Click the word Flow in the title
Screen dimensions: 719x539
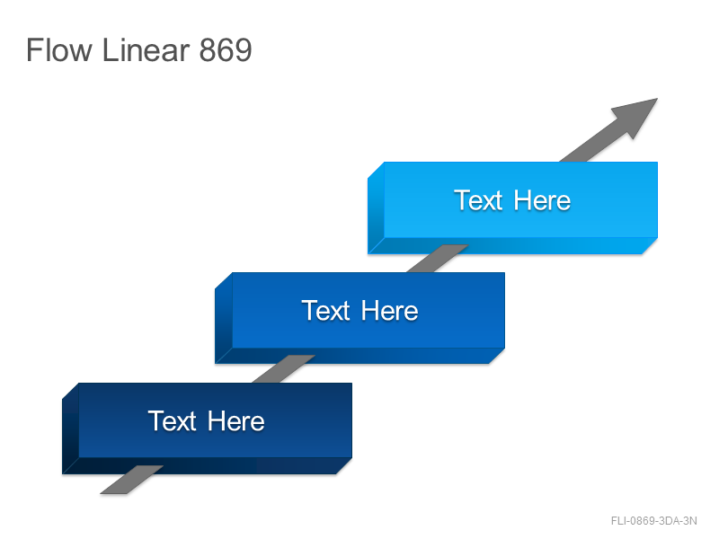[x=59, y=49]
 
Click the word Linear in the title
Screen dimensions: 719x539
[x=146, y=49]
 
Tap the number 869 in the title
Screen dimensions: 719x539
[x=226, y=49]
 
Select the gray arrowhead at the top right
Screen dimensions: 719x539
[x=638, y=116]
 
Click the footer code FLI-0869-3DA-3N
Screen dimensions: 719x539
[x=654, y=521]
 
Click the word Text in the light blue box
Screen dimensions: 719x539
[x=478, y=200]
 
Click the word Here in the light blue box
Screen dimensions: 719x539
[x=542, y=200]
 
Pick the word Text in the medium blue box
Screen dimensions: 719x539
[x=325, y=311]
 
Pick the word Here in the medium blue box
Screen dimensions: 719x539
[x=389, y=311]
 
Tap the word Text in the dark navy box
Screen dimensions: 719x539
[x=172, y=420]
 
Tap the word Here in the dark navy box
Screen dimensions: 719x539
[x=235, y=420]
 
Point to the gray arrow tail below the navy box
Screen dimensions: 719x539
[x=131, y=480]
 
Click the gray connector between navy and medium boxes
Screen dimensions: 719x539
[x=283, y=369]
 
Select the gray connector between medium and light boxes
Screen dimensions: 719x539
[x=437, y=259]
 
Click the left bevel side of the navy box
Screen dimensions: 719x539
[x=71, y=429]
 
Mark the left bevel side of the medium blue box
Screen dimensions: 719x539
[x=224, y=318]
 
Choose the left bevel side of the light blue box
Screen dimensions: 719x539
[x=376, y=208]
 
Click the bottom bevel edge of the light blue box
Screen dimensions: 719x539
[x=512, y=245]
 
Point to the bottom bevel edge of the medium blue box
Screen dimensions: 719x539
[x=360, y=356]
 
